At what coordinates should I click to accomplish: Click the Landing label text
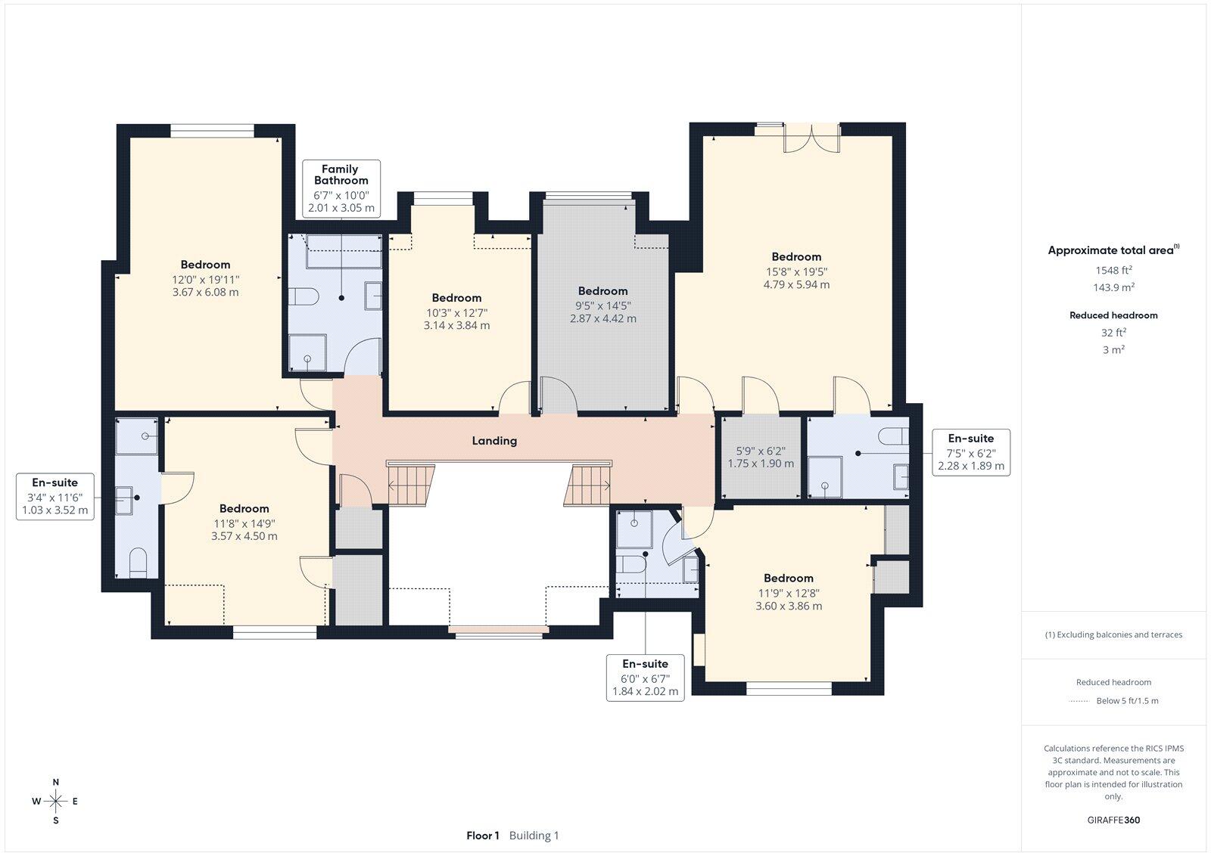coord(494,441)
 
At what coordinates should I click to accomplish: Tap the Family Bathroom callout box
coord(341,188)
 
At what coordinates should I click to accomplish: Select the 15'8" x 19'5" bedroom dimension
coord(796,271)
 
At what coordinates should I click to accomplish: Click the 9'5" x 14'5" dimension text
coord(602,306)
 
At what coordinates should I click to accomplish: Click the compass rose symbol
coord(56,801)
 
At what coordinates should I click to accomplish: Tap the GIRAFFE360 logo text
coord(1113,820)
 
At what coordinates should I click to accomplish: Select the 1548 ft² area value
coord(1113,270)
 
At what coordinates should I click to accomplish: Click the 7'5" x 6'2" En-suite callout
coord(971,453)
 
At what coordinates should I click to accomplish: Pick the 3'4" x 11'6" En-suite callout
coord(55,497)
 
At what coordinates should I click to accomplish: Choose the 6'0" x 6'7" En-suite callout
coord(646,678)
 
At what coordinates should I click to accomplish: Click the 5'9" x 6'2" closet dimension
coord(761,451)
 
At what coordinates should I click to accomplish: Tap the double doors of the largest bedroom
coord(812,137)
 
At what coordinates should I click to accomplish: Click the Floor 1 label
coord(483,836)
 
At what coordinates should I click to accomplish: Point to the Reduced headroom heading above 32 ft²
coord(1113,315)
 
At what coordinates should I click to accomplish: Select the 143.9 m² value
coord(1113,287)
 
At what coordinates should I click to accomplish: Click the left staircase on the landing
coord(411,485)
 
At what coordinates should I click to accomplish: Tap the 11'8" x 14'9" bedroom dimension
coord(244,523)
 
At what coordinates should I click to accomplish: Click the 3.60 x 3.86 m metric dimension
coord(789,606)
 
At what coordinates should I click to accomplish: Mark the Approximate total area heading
coord(1113,250)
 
